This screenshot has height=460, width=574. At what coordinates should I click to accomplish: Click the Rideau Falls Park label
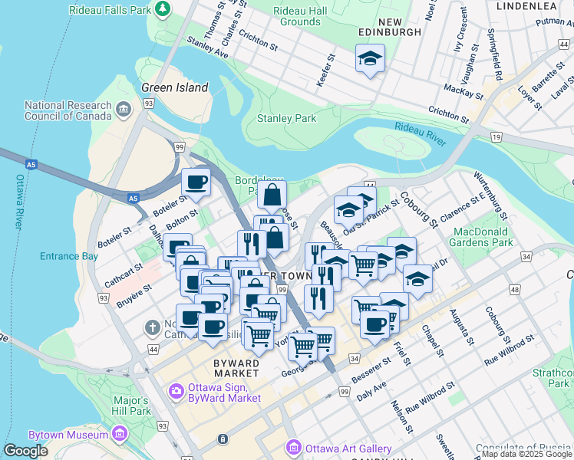109,10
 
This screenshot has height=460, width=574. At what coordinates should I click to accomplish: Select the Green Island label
174,87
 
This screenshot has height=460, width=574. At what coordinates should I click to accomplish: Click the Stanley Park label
286,119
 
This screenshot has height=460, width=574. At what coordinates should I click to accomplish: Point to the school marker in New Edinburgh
369,59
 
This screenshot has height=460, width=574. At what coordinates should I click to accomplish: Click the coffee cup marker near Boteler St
196,183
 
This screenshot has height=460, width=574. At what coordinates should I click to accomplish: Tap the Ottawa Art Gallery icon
292,447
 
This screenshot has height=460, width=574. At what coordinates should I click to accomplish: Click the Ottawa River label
19,201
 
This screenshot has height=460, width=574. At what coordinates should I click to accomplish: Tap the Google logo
26,451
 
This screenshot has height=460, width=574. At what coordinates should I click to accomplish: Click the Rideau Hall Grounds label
299,16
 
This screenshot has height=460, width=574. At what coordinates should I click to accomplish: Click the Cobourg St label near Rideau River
417,209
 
